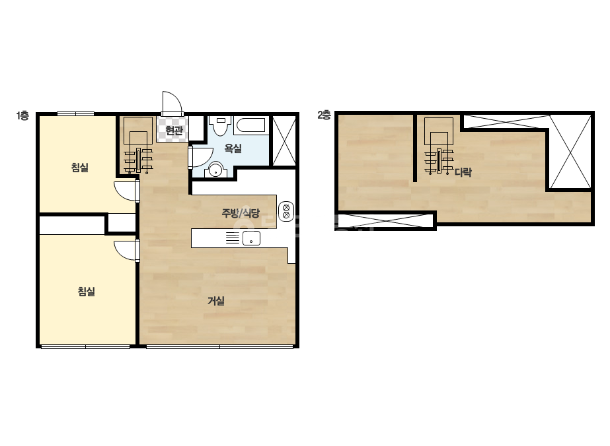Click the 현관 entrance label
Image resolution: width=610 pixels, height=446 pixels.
[x=174, y=130]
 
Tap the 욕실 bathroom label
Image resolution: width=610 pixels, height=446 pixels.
[x=233, y=148]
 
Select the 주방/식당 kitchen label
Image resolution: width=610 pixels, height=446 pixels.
[x=241, y=212]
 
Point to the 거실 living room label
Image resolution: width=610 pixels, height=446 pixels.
[x=216, y=301]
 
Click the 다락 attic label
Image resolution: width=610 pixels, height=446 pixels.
[x=463, y=172]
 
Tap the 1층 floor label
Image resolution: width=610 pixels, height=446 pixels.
[x=22, y=115]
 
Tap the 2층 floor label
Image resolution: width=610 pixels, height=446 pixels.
[x=324, y=115]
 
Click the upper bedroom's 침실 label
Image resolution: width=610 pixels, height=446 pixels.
[x=80, y=168]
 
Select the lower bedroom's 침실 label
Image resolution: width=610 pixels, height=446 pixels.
[x=87, y=292]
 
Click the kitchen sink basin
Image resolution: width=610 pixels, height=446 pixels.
[x=251, y=238]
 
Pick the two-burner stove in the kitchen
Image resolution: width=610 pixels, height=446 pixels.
[x=286, y=211]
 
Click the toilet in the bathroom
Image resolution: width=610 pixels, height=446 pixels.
[x=220, y=125]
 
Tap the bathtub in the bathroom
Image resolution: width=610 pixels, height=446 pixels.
[x=251, y=125]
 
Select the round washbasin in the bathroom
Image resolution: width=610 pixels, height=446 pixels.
[x=215, y=170]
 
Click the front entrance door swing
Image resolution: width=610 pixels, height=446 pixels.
[x=172, y=104]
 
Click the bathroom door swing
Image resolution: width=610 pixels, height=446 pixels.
[x=200, y=157]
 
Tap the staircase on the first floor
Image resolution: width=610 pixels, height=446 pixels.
[x=138, y=145]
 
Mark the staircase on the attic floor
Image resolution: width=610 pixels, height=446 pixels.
[x=439, y=146]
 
